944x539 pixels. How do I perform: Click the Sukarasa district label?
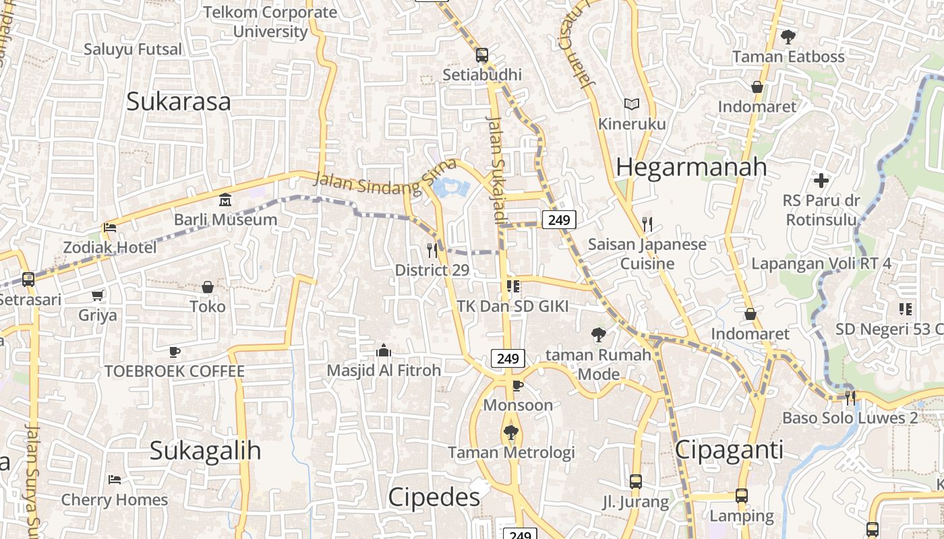[179, 102]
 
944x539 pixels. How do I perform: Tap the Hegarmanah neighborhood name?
[691, 167]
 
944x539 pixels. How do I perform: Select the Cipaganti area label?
[729, 450]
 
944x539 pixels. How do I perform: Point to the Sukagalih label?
[205, 450]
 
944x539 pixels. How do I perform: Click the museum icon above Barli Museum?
[225, 200]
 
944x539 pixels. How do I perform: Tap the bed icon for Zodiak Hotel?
[110, 228]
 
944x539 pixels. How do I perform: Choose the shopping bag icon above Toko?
[208, 287]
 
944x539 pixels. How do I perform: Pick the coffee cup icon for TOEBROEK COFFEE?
[175, 352]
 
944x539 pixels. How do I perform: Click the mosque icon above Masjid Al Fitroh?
[384, 350]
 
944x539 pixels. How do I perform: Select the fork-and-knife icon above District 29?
[432, 251]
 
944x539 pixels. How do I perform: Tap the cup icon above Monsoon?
[517, 385]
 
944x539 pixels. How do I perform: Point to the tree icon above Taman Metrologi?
[511, 433]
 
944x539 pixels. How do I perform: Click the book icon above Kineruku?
[632, 104]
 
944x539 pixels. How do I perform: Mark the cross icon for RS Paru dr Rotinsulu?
[821, 181]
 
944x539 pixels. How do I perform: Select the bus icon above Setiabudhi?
[481, 55]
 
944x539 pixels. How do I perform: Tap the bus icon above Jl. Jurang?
[635, 482]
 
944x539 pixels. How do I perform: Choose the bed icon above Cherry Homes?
[115, 480]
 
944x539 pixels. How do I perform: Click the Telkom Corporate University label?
[270, 22]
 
